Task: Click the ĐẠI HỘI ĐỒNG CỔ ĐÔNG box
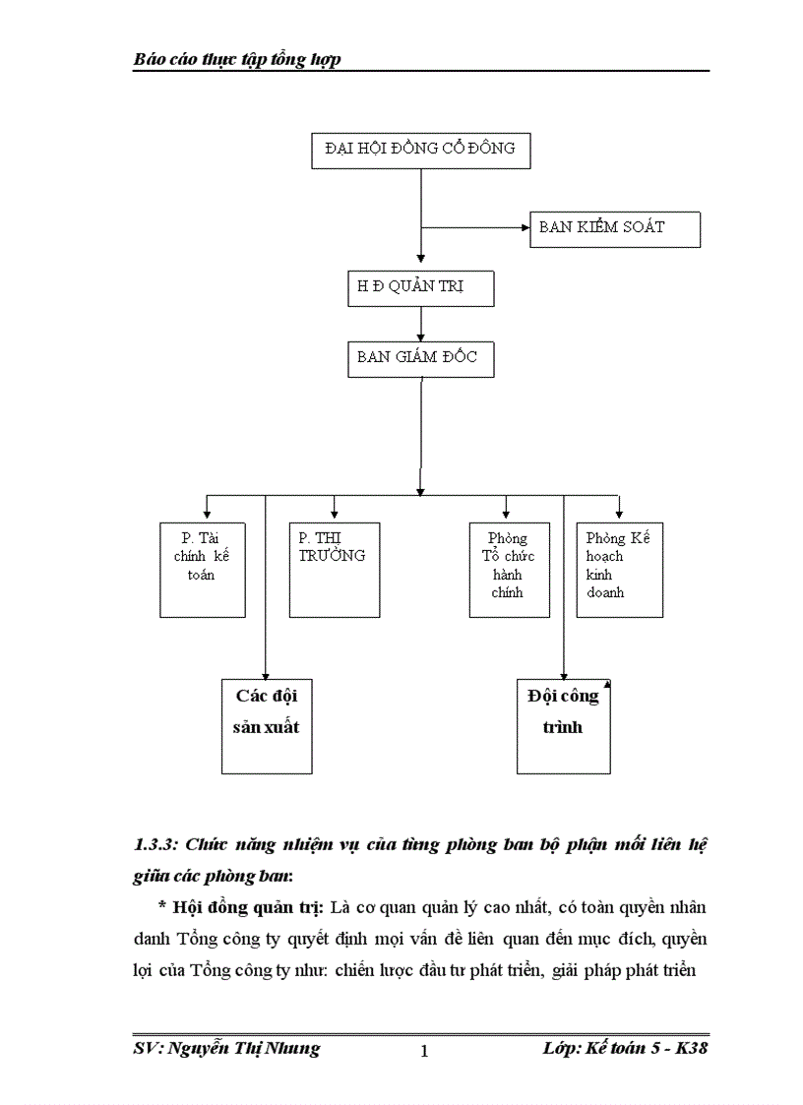(420, 150)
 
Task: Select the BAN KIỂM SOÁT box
(614, 228)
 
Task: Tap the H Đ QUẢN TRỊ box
(420, 288)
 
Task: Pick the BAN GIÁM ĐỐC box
(420, 359)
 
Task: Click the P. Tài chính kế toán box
(202, 570)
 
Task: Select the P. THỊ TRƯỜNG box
(334, 570)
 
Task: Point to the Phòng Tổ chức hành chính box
(509, 570)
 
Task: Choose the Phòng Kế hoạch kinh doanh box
(619, 570)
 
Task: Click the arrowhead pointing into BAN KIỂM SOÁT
(525, 228)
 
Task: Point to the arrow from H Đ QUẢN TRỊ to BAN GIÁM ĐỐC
(421, 324)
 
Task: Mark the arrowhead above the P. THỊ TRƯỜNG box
(335, 513)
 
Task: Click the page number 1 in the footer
(424, 1052)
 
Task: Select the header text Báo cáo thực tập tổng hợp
(237, 60)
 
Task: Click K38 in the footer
(689, 1048)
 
